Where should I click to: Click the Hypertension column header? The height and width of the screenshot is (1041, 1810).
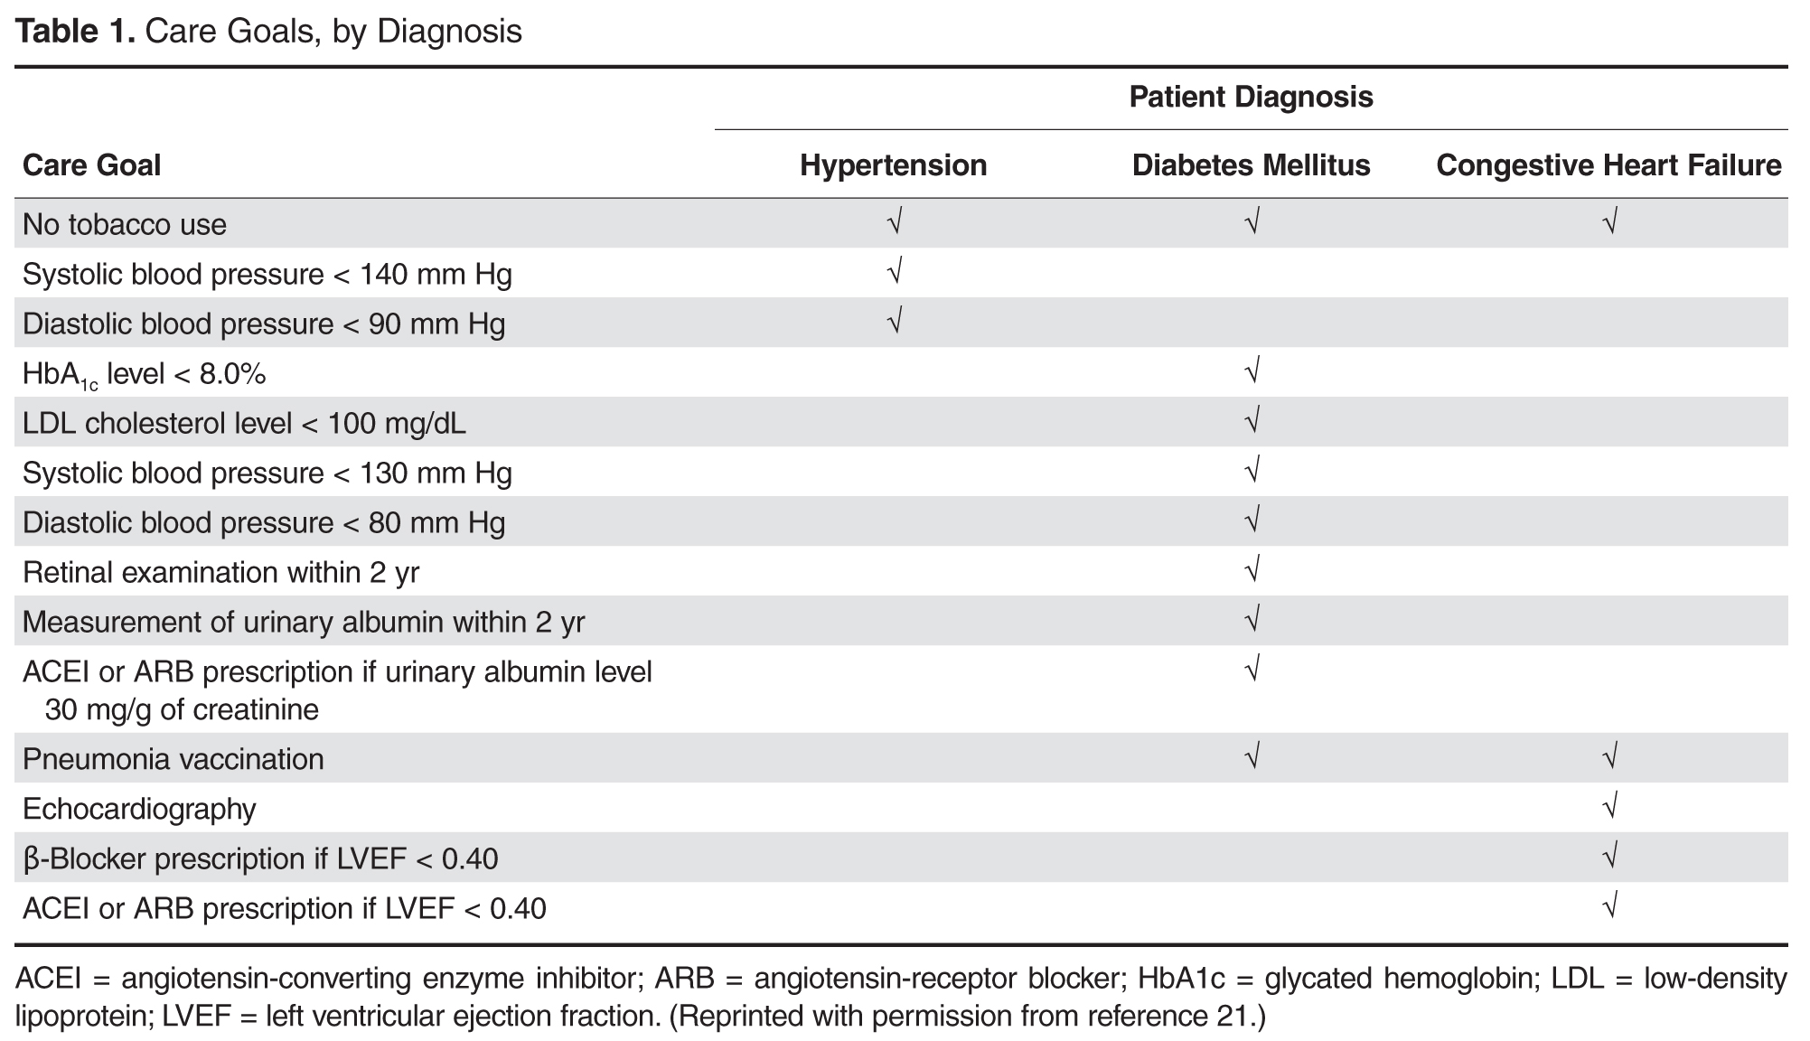[x=893, y=165]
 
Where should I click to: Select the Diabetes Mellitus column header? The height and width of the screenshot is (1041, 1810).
[x=1251, y=165]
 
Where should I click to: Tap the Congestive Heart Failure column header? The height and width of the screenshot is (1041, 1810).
[x=1608, y=165]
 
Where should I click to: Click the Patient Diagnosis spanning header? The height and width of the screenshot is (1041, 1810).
[x=1251, y=97]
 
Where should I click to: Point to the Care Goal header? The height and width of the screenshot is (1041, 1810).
[x=91, y=165]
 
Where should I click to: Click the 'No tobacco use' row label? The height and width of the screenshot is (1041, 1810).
[x=125, y=224]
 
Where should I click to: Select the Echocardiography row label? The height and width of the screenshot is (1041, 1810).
[x=139, y=809]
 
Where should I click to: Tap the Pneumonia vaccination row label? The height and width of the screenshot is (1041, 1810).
[x=173, y=759]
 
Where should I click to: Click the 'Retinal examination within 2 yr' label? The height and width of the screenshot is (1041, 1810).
[x=220, y=573]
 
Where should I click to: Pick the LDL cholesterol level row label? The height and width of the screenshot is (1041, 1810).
[x=244, y=424]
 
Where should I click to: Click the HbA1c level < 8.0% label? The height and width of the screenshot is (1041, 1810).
[x=144, y=374]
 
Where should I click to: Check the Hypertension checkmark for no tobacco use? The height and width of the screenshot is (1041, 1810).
[x=895, y=221]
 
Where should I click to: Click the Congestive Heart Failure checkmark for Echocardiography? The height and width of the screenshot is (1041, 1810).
[x=1609, y=806]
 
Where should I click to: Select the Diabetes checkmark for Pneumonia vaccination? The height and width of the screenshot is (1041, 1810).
[x=1252, y=756]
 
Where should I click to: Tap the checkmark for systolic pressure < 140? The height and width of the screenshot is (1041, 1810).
[x=895, y=271]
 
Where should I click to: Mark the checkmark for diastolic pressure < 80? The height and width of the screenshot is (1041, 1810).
[x=1252, y=520]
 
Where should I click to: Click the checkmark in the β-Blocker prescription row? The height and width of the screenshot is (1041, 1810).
[x=1609, y=856]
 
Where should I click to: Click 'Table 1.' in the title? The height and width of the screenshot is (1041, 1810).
[x=76, y=32]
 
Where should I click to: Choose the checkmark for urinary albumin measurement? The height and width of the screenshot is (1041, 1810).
[x=1252, y=620]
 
